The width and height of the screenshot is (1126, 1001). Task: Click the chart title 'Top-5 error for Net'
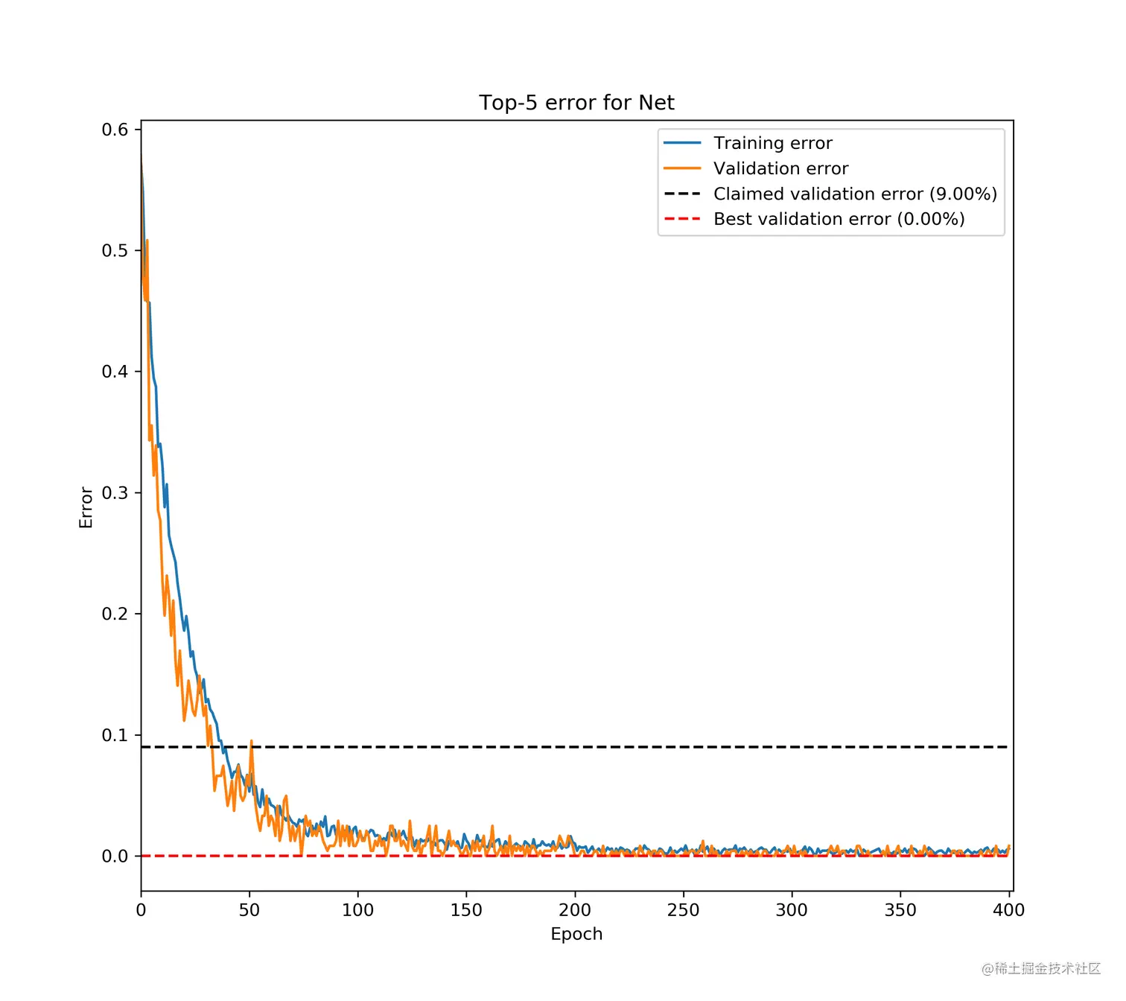coord(576,103)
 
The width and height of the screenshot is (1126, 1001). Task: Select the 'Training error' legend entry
coord(772,143)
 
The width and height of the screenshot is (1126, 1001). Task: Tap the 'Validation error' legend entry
coord(780,168)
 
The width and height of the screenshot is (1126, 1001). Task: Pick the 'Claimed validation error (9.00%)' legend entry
coord(855,194)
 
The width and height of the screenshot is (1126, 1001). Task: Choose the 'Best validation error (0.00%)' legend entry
coord(839,219)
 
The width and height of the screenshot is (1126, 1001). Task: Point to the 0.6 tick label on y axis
coord(115,130)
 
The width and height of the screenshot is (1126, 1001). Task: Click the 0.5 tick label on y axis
coord(115,251)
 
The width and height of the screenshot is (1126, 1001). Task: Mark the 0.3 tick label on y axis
coord(115,493)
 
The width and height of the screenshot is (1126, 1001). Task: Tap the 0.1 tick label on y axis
coord(115,735)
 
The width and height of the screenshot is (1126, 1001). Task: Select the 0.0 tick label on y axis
coord(115,857)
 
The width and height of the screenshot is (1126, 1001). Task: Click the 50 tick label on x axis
coord(249,910)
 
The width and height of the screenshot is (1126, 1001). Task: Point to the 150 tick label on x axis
coord(466,910)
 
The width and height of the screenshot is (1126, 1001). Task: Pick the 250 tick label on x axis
coord(683,910)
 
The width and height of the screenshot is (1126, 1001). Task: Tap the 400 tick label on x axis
coord(1009,910)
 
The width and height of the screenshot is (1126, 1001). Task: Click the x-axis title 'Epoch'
coord(576,934)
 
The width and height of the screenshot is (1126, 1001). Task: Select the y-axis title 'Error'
coord(86,507)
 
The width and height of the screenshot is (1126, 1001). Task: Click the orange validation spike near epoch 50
coord(252,743)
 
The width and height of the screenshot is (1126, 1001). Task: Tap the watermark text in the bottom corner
coord(1040,968)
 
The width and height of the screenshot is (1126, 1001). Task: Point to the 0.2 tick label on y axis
coord(115,614)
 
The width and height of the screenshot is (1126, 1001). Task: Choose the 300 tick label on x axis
coord(792,910)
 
